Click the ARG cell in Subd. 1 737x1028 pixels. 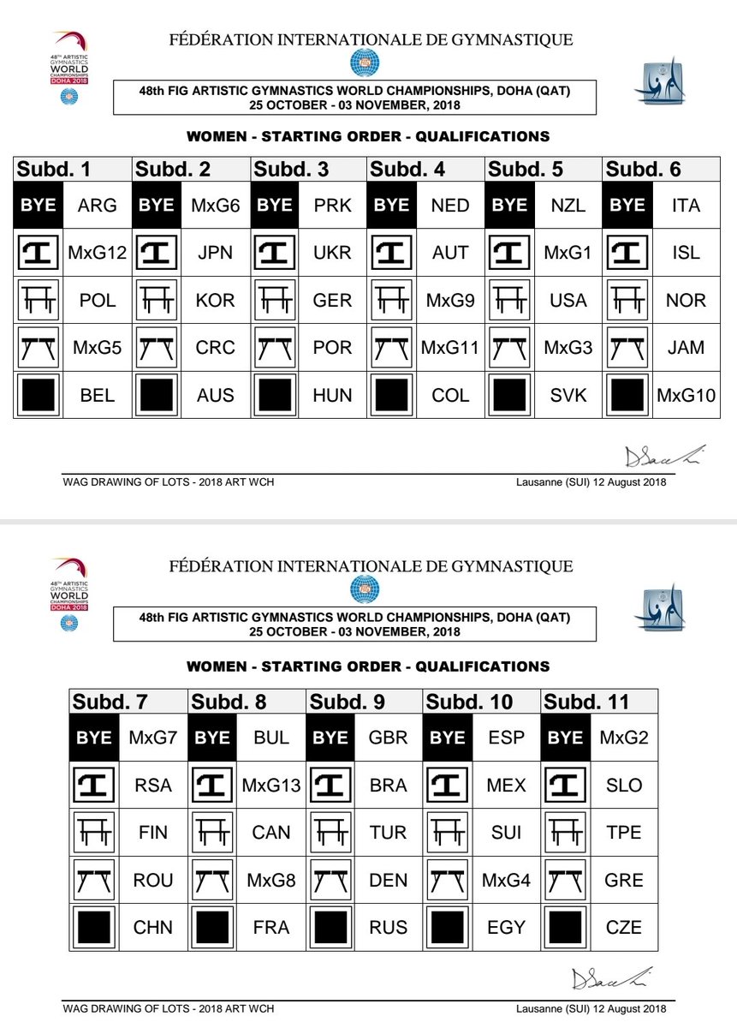click(x=97, y=205)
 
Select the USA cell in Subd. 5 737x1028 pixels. click(x=568, y=300)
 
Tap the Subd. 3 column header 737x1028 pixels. click(x=292, y=169)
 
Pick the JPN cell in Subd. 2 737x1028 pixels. click(x=215, y=253)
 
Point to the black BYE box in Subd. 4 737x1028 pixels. click(x=392, y=205)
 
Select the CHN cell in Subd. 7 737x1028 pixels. click(x=153, y=927)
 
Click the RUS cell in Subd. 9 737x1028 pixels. click(x=389, y=927)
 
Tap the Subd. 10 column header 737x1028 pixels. click(x=470, y=702)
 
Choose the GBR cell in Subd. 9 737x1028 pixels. click(x=389, y=738)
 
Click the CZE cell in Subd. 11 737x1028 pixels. click(x=624, y=927)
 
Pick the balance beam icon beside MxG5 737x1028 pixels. click(x=37, y=348)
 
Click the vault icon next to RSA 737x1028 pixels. click(x=93, y=785)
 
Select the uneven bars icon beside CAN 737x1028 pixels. click(x=211, y=832)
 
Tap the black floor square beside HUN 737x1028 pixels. click(x=274, y=396)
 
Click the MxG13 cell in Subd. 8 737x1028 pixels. click(x=271, y=785)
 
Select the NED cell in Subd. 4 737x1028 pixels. click(x=450, y=205)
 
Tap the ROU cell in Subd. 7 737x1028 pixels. click(x=153, y=880)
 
